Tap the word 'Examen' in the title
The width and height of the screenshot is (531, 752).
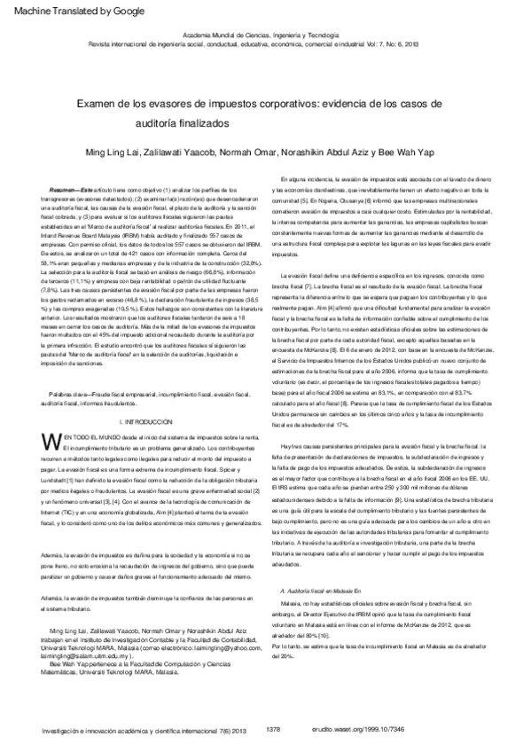click(97, 103)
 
